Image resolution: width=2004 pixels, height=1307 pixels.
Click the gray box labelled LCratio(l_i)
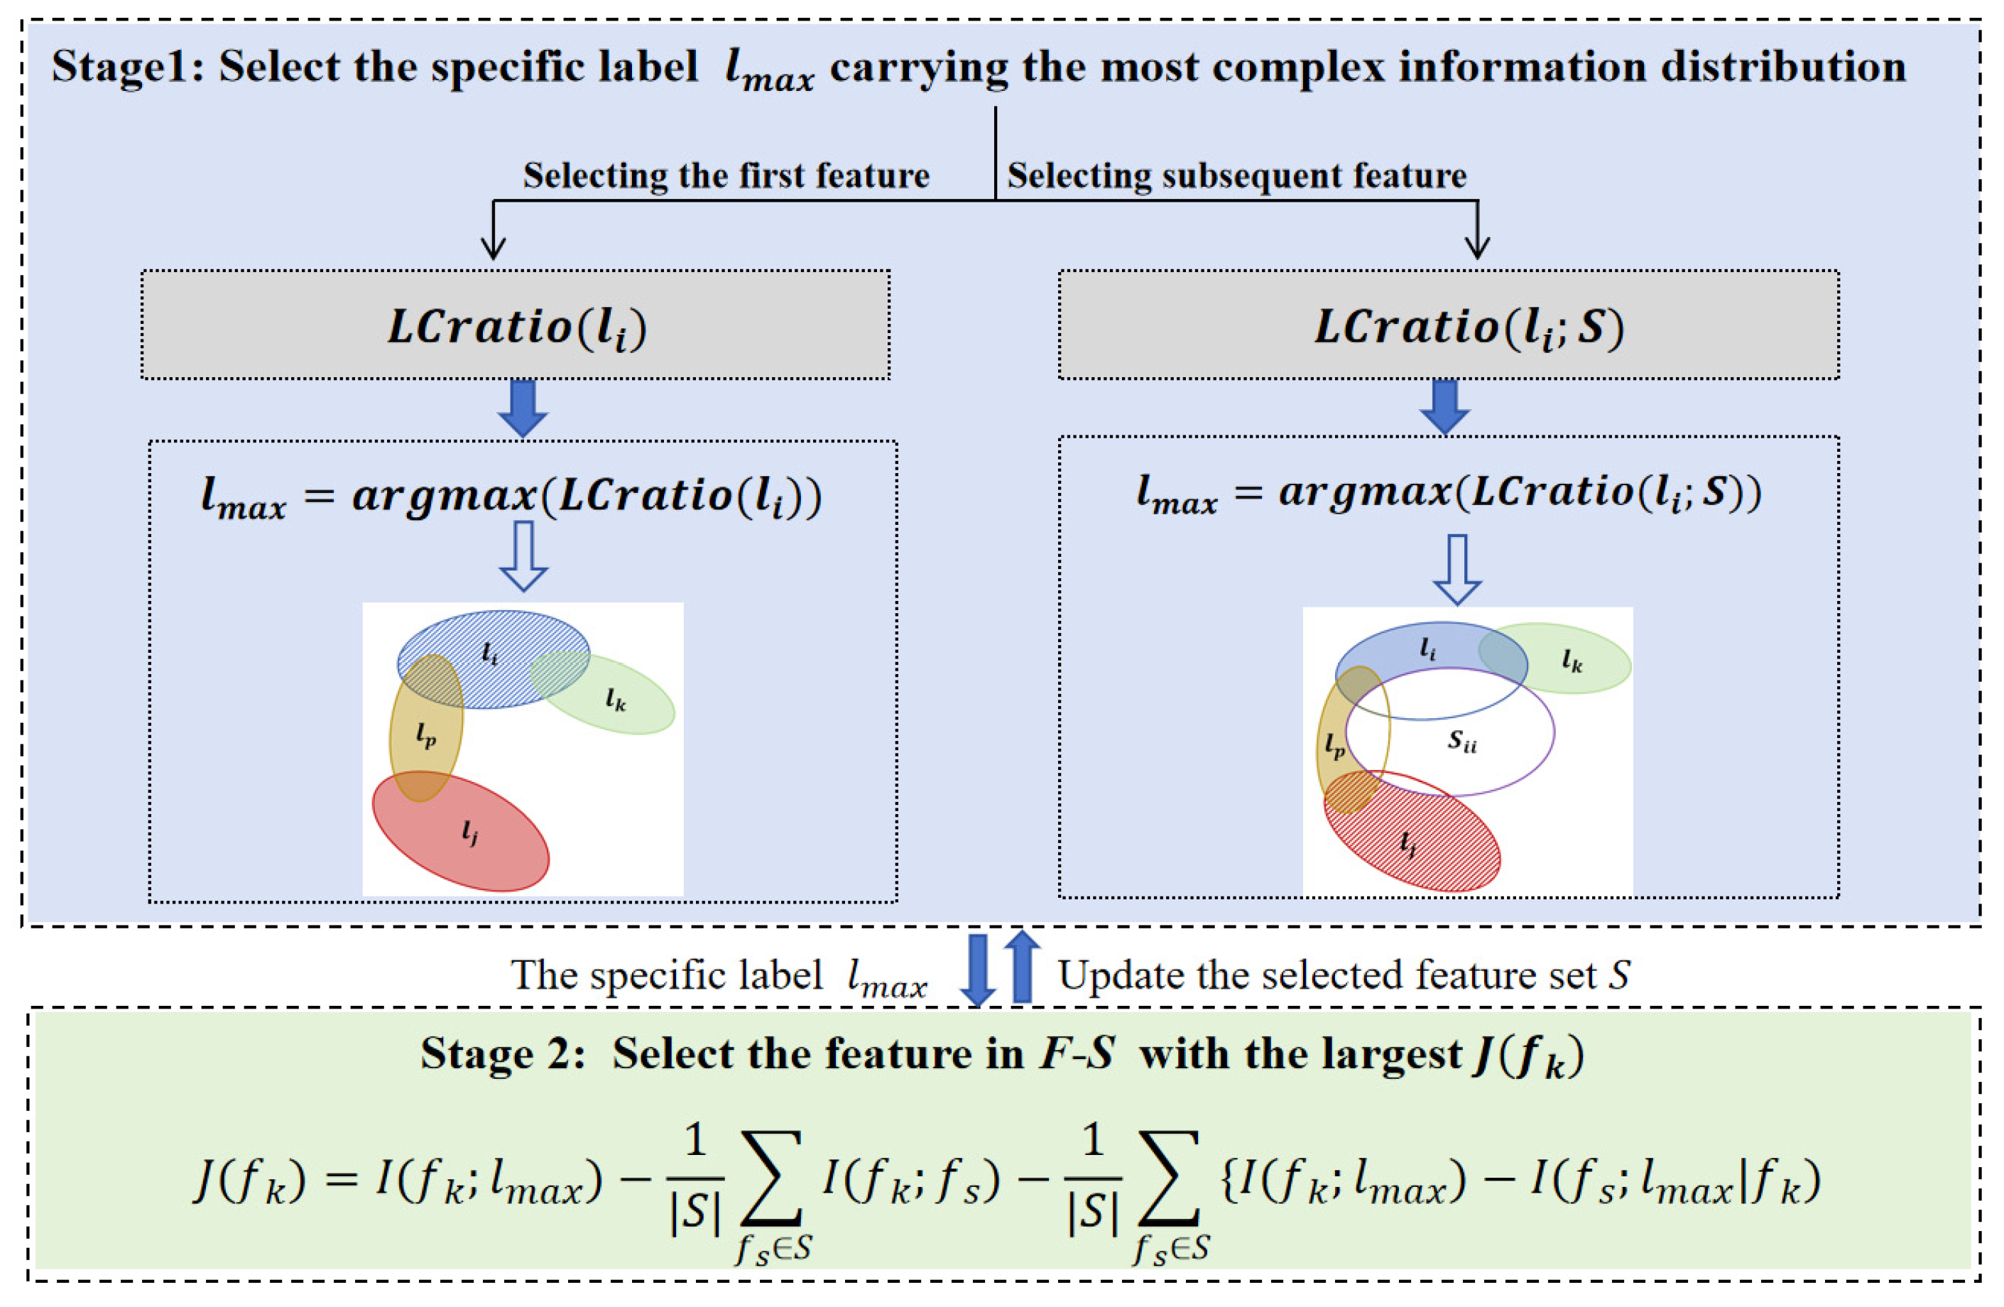click(516, 325)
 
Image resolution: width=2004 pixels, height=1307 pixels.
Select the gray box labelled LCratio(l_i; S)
click(1448, 325)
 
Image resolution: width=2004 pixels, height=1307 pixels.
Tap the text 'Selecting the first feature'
click(726, 175)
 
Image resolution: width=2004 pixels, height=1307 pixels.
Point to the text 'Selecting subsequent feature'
click(1237, 175)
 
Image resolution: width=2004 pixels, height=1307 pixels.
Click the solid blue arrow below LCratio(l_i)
click(523, 408)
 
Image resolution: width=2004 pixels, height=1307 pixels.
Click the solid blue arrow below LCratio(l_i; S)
click(1445, 406)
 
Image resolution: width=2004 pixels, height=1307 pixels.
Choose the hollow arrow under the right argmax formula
click(1456, 568)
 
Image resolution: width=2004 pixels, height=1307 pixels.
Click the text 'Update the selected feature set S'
click(1344, 975)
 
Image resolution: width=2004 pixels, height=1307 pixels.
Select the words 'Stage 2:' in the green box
click(503, 1053)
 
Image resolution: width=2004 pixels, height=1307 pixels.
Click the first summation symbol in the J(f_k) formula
click(770, 1177)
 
